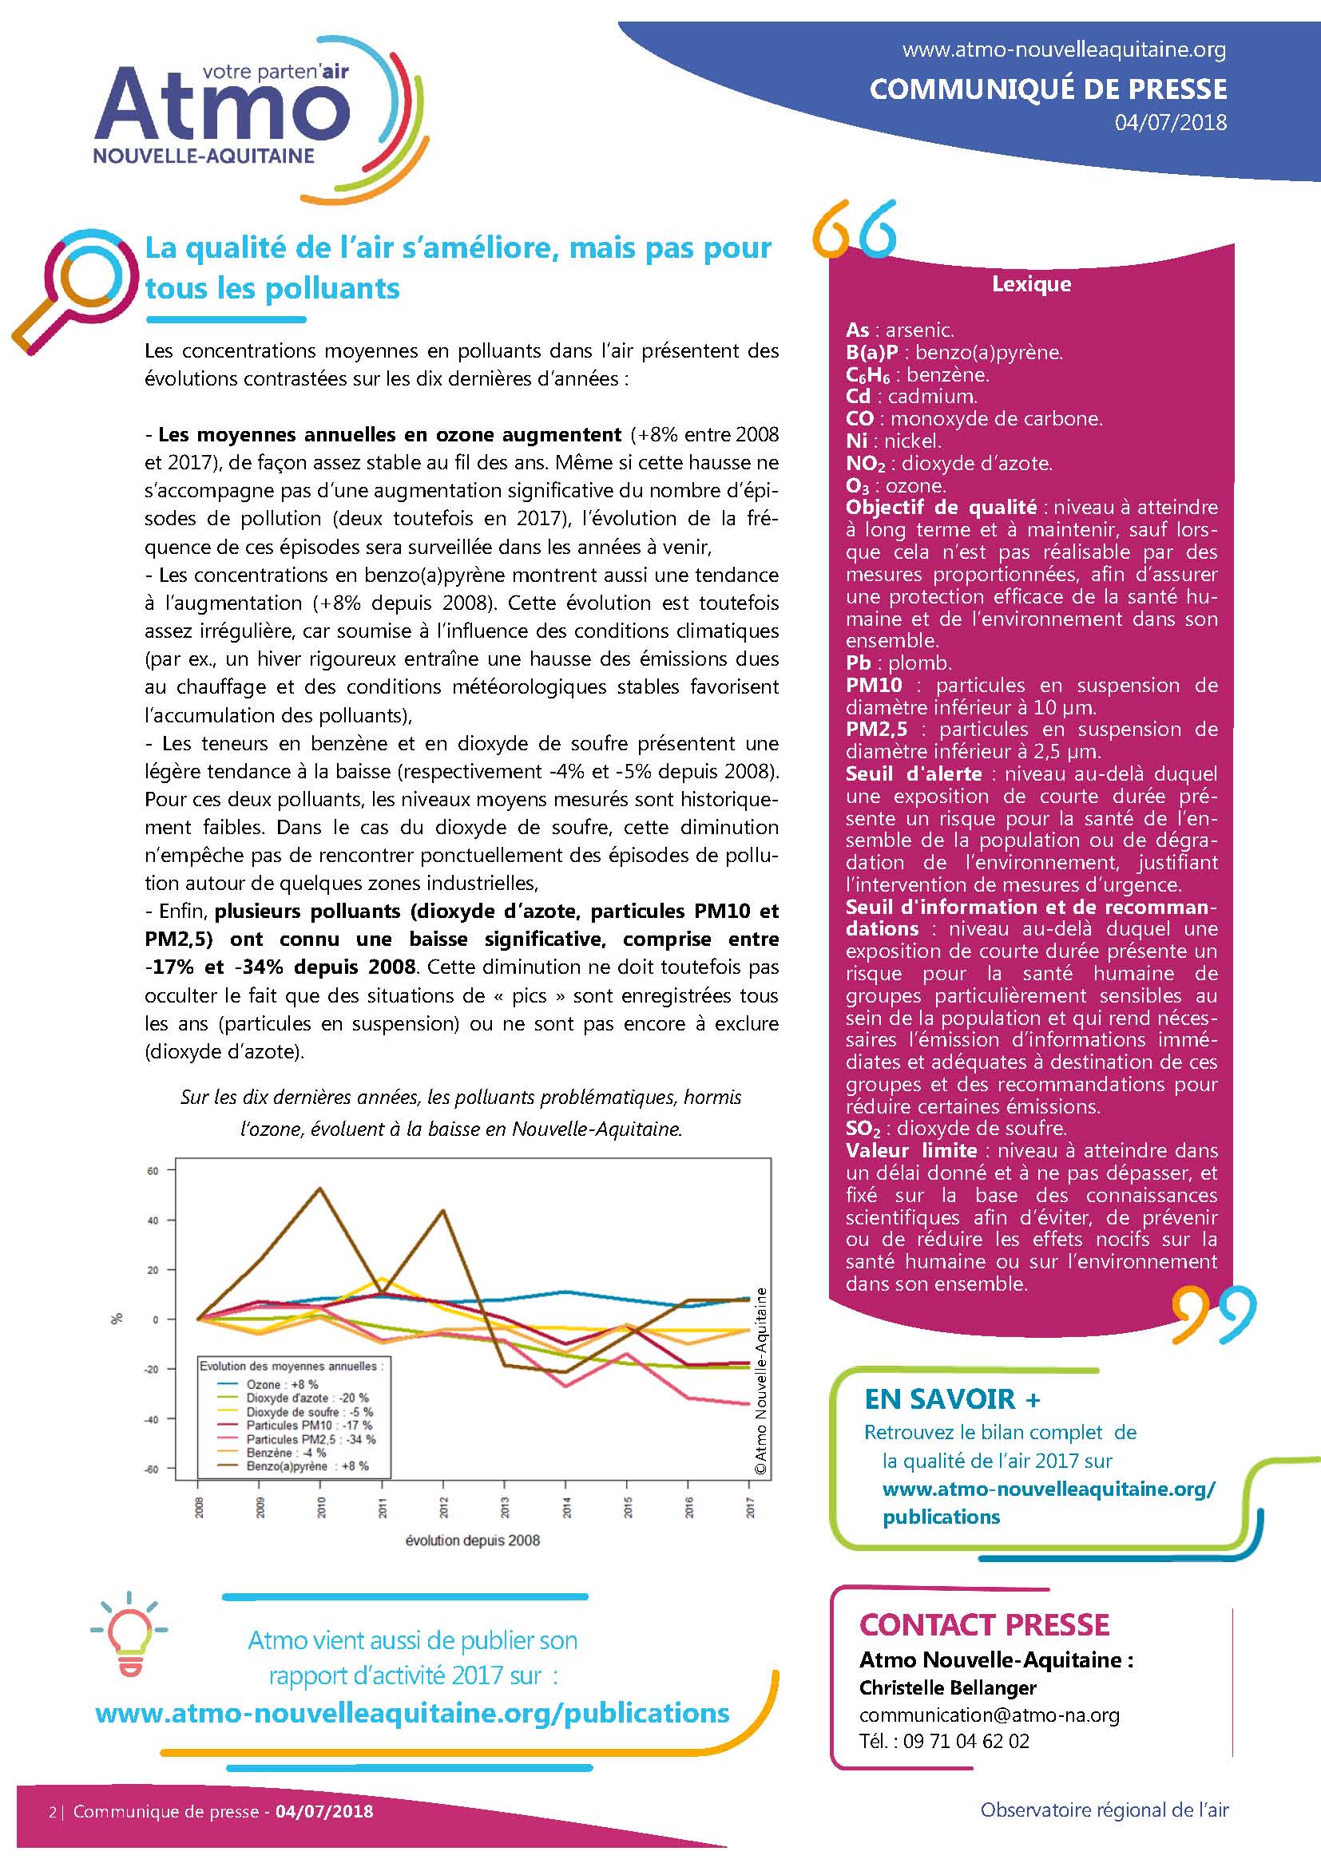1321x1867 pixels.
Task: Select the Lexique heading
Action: click(1030, 285)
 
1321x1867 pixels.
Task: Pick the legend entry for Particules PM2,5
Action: click(310, 1439)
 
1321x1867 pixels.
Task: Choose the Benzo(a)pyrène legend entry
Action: click(307, 1466)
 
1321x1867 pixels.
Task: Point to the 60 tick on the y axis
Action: click(153, 1171)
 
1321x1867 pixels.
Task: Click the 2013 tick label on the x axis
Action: click(504, 1508)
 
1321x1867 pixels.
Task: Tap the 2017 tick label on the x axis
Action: click(750, 1508)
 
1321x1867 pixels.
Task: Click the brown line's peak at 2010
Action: click(319, 1189)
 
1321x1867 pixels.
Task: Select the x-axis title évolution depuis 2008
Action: click(473, 1540)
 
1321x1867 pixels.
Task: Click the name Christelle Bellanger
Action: click(948, 1687)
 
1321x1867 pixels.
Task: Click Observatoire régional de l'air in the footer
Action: click(1104, 1810)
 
